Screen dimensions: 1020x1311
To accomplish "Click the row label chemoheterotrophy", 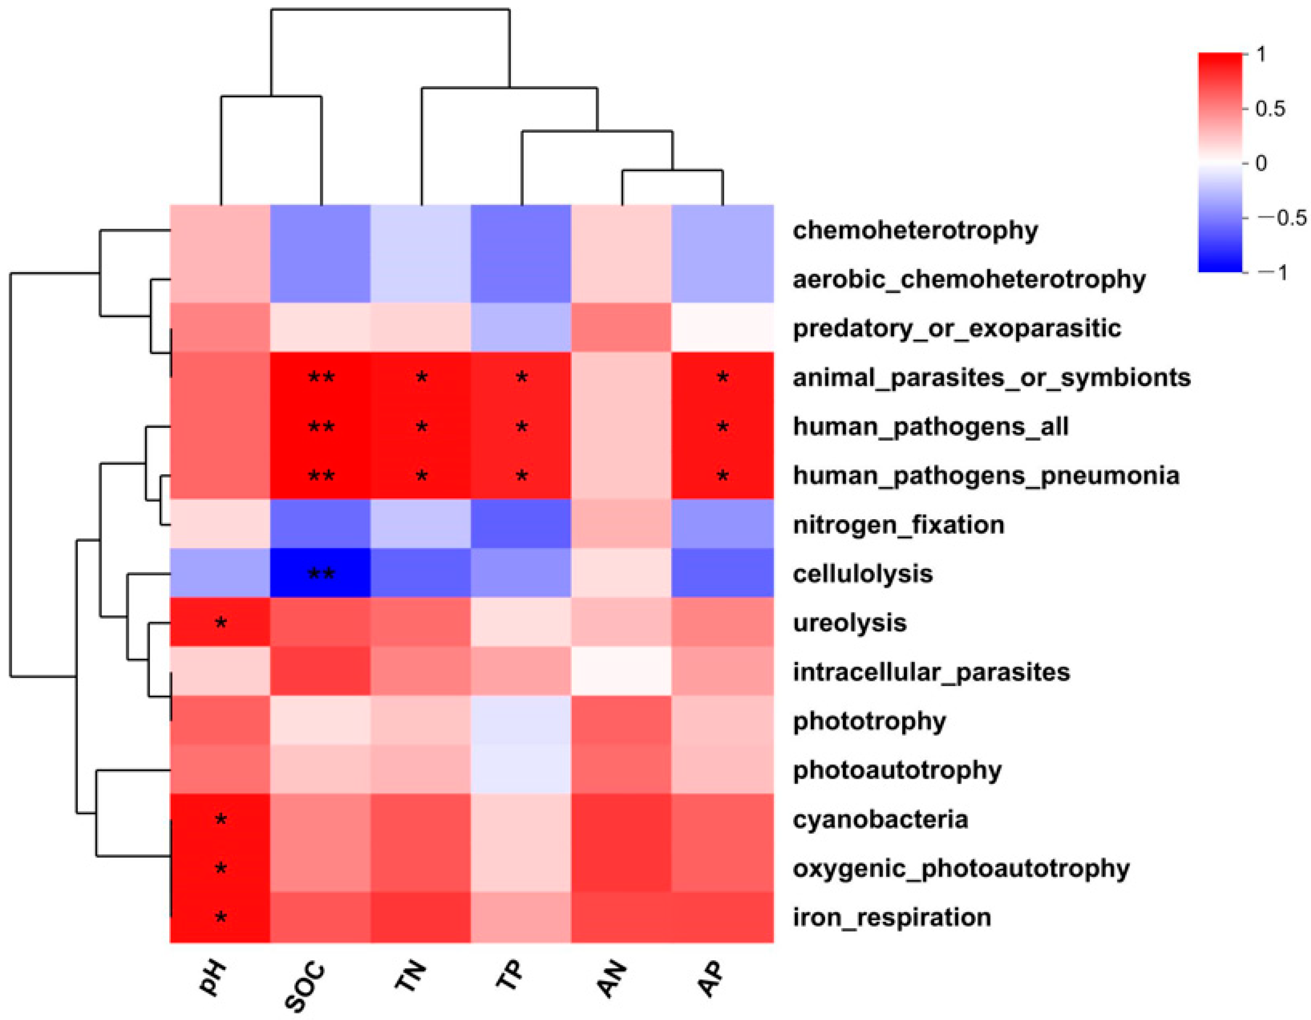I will [915, 230].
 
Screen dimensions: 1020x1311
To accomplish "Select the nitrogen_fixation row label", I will [898, 525].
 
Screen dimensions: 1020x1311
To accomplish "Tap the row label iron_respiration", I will [892, 917].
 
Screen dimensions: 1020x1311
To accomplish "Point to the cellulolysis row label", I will [863, 574].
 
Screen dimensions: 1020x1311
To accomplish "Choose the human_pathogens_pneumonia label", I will [986, 475].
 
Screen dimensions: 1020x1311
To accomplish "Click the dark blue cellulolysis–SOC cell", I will [320, 573].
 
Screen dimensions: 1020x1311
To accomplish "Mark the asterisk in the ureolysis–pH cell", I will [221, 623].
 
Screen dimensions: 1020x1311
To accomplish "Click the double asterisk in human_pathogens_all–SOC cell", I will [321, 427].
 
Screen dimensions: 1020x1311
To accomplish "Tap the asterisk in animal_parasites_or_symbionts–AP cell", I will [723, 378].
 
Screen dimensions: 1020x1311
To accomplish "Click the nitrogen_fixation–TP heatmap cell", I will [521, 524].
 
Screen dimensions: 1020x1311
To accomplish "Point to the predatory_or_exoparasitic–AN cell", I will [621, 328].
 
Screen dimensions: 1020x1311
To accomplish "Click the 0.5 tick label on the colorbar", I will [1270, 109].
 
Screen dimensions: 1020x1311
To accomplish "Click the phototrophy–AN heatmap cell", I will [621, 721].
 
